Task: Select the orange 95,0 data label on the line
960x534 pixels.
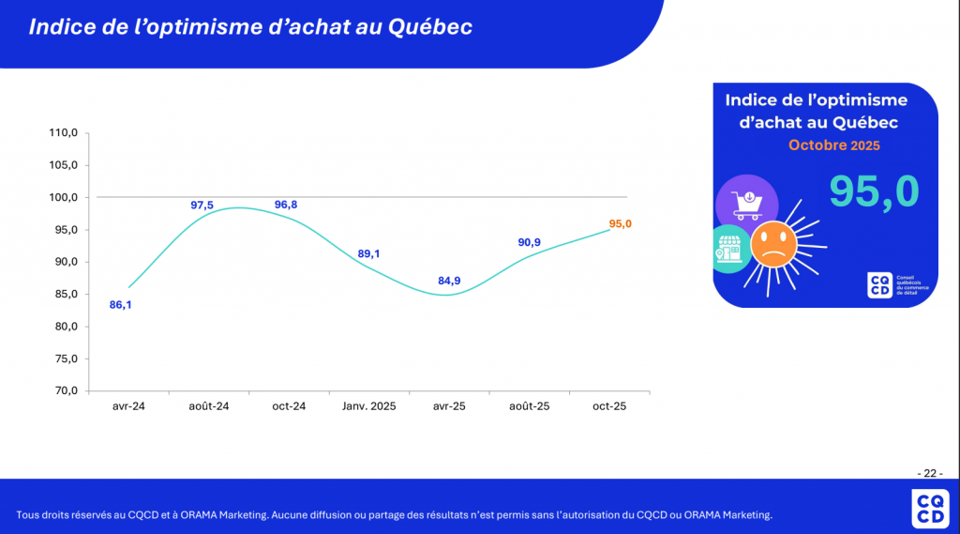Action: coord(621,223)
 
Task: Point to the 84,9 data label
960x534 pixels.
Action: coord(449,281)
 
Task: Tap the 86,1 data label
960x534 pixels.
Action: coord(121,305)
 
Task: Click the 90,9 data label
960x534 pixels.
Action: coord(531,242)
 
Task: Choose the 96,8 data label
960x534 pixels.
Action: coord(287,205)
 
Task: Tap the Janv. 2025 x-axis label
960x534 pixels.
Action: coord(369,406)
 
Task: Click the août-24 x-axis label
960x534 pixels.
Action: coord(209,406)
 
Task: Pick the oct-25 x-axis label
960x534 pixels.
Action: coord(609,406)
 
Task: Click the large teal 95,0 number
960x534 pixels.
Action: coord(874,191)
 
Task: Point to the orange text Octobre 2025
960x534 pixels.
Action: coord(833,145)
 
